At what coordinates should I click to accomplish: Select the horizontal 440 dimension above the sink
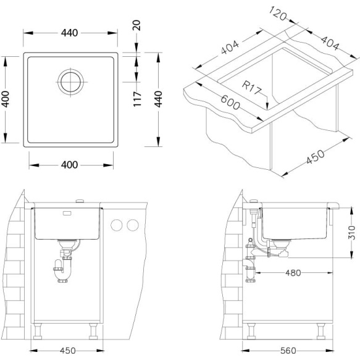tap(70, 33)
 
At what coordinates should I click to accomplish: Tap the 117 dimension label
tap(137, 99)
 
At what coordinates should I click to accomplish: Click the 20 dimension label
tap(137, 25)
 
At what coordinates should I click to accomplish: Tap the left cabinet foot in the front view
tap(38, 332)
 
